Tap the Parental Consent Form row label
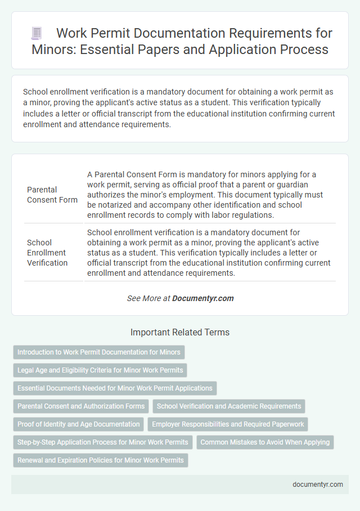(x=52, y=194)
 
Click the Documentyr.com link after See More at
(x=203, y=298)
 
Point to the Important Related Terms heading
(x=180, y=333)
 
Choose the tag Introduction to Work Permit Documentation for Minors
(x=99, y=352)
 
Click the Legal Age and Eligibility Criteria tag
(x=100, y=370)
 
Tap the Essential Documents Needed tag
(x=115, y=388)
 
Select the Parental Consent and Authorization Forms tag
(x=81, y=406)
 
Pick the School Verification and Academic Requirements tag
(x=229, y=406)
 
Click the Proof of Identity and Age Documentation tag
(x=79, y=424)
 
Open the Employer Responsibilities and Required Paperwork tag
(x=227, y=424)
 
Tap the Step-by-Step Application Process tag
(x=103, y=442)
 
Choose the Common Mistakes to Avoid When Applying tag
(x=265, y=442)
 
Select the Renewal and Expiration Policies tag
(x=101, y=460)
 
